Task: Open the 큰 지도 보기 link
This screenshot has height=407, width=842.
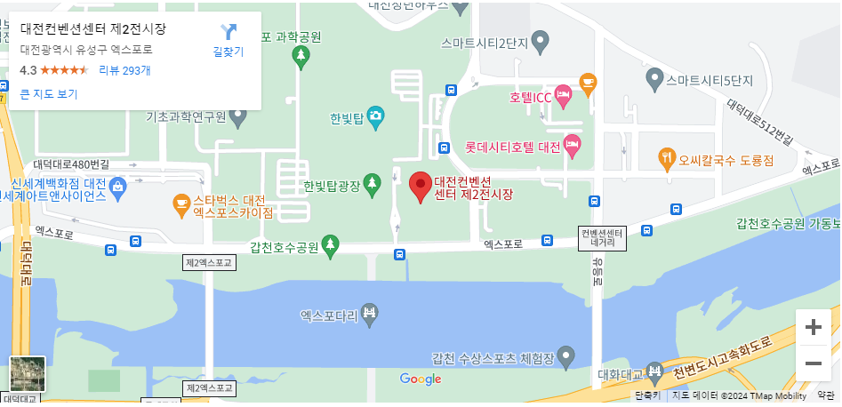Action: click(49, 93)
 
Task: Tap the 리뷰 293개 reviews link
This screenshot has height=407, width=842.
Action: click(124, 70)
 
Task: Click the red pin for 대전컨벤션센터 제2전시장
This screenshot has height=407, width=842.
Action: click(421, 187)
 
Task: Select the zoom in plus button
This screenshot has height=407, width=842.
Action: click(813, 327)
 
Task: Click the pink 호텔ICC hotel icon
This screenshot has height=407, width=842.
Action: click(563, 93)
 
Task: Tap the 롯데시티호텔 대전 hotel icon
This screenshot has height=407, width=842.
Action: click(573, 145)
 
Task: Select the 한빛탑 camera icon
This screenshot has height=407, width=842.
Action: click(375, 116)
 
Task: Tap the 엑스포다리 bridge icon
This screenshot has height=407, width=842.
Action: click(370, 313)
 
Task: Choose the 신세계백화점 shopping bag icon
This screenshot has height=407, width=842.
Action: click(118, 185)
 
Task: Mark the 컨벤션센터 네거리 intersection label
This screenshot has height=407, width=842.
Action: click(604, 237)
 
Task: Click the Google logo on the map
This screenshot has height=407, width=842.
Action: click(421, 379)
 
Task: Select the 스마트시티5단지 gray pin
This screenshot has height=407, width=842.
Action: click(655, 80)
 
